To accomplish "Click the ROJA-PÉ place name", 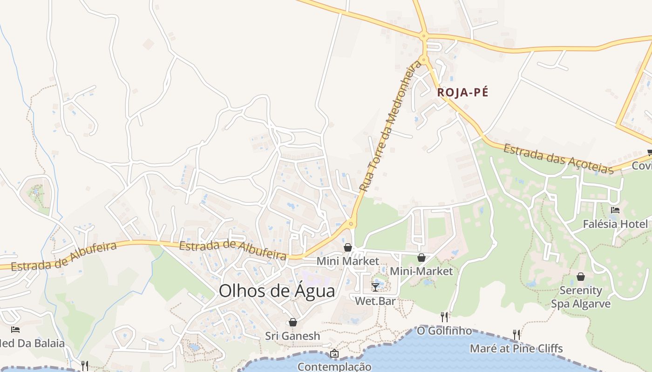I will click(462, 93).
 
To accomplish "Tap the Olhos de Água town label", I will click(277, 291).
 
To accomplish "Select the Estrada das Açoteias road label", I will click(559, 159).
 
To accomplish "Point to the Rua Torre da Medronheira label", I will click(390, 126).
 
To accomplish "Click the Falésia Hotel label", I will click(615, 224).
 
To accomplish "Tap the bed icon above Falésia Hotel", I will click(615, 210).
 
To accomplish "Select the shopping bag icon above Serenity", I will click(581, 277).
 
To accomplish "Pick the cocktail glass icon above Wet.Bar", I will click(375, 287).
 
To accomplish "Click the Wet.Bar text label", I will click(375, 301).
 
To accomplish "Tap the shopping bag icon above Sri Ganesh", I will click(293, 322).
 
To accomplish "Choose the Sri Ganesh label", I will click(293, 336).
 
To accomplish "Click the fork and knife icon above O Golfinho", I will click(444, 317).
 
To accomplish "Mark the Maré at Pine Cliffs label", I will click(516, 348).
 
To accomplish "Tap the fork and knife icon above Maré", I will click(516, 334).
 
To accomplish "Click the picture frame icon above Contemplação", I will click(334, 354).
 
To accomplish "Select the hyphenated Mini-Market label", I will click(421, 271).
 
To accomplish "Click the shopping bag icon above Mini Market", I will click(348, 247).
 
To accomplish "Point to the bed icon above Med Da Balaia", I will click(15, 330).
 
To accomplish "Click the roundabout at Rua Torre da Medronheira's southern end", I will click(351, 224).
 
